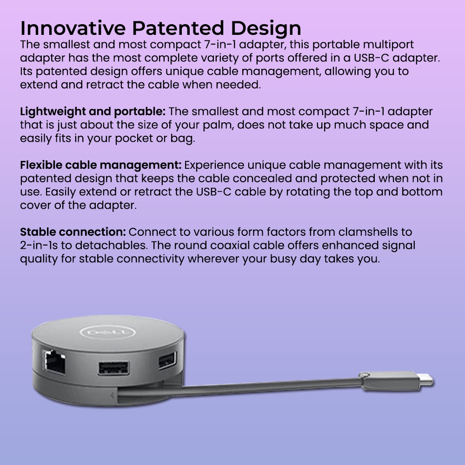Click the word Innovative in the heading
73,28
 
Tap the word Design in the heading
266,29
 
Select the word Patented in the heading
178,28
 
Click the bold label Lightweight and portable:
93,112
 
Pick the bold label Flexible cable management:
100,166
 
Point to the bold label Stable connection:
73,232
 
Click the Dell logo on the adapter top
108,332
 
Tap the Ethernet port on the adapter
54,361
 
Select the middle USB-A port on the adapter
113,368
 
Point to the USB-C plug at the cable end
396,380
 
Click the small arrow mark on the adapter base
112,395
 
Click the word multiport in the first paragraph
388,45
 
